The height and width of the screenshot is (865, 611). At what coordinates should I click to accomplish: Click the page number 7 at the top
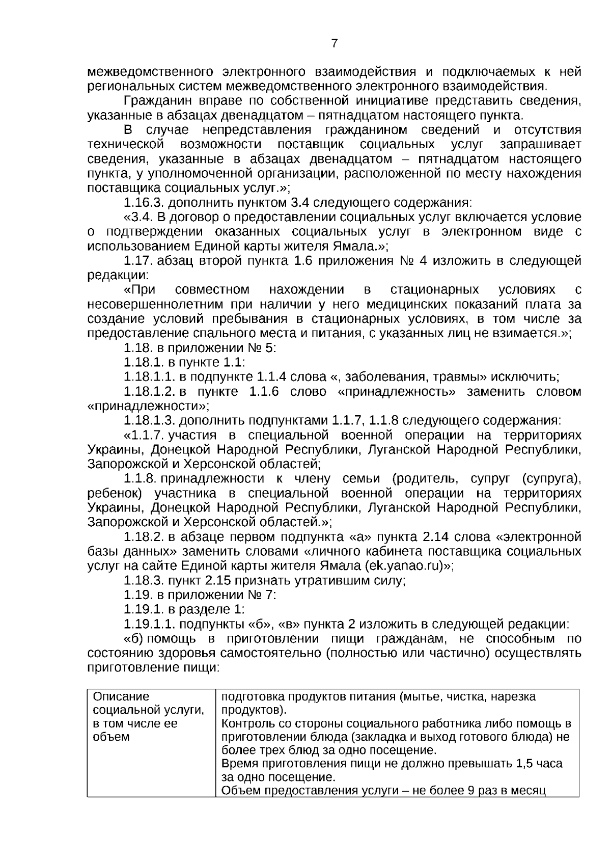pos(334,43)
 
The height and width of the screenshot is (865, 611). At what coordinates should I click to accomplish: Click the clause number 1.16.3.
pos(143,203)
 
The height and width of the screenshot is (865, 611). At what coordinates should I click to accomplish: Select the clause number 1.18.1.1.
pos(150,377)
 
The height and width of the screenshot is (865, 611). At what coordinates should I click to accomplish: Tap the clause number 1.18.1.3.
pos(150,421)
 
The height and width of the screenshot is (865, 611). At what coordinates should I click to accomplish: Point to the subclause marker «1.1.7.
pos(144,436)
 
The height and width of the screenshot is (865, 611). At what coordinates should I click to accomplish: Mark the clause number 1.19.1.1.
pos(150,625)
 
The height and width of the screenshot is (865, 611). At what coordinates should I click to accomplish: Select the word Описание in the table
pos(121,696)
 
